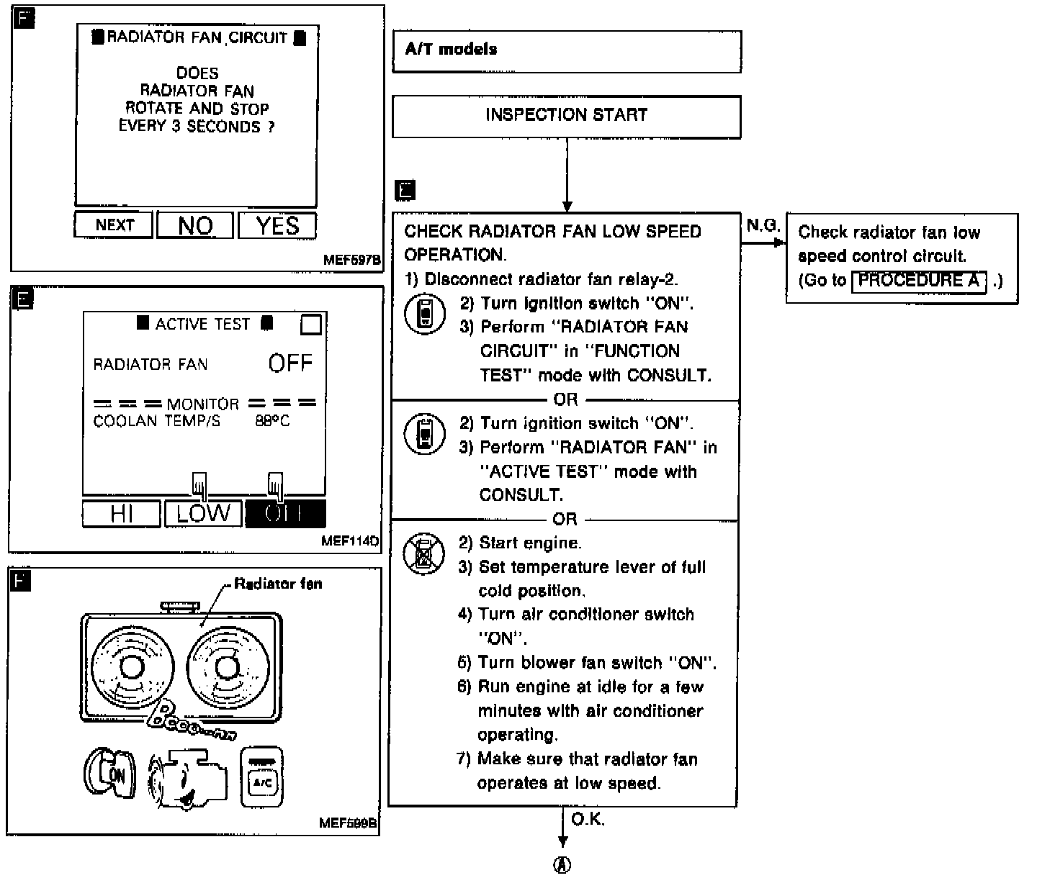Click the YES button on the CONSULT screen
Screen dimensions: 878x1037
coord(277,226)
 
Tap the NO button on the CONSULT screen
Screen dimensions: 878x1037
coord(195,226)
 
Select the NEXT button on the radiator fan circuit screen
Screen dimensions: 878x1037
coord(115,225)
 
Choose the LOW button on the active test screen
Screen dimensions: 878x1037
coord(203,514)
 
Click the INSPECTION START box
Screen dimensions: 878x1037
coord(566,115)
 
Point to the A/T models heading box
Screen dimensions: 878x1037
coord(566,50)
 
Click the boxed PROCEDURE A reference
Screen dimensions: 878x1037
coord(918,281)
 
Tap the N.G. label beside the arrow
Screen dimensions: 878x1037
coord(763,226)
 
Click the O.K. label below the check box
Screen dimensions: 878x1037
coord(588,820)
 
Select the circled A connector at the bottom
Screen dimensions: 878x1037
coord(563,864)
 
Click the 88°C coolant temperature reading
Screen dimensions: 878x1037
coord(272,421)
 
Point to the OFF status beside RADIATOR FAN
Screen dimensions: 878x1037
coord(290,363)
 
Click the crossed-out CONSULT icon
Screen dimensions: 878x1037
coord(424,554)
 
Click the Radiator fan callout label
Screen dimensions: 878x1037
coord(278,584)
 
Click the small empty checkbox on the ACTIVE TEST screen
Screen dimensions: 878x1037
coord(311,325)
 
